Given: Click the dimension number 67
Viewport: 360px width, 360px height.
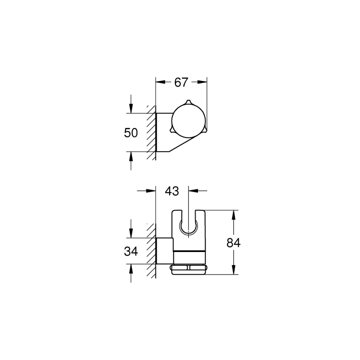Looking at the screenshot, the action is coord(181,82).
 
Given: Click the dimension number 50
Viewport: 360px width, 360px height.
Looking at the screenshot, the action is coord(131,133).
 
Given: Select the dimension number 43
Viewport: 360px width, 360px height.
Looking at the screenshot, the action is coord(172,191).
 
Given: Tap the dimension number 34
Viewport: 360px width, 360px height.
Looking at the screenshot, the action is coord(131,252).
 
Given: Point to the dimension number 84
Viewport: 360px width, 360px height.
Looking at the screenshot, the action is coord(234,243).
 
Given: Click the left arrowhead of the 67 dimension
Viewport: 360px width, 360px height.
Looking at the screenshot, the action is coord(160,82).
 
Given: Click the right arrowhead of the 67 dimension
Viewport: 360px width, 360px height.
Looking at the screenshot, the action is coord(202,82).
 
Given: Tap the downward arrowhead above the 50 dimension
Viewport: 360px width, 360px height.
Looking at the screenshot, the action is coord(131,108).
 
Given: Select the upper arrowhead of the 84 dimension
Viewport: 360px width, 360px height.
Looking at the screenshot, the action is coord(234,215).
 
